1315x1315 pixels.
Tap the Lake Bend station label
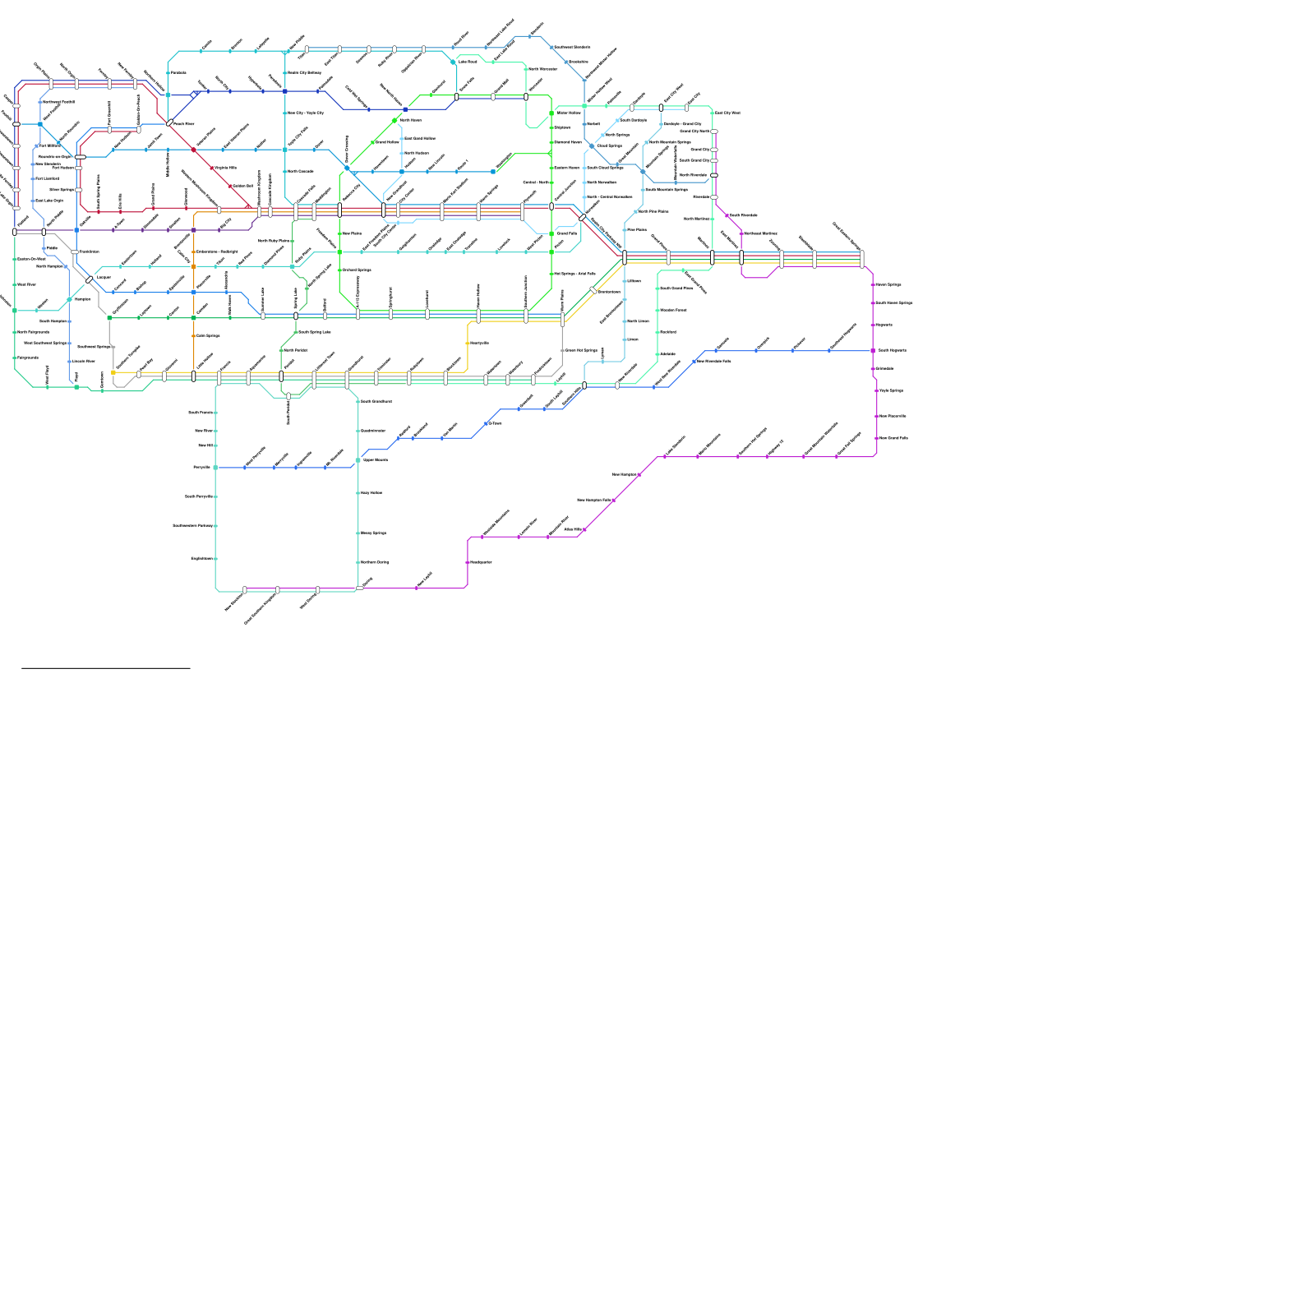468,62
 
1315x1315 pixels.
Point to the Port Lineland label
47,178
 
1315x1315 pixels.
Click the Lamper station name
104,277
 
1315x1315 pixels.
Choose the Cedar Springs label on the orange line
208,335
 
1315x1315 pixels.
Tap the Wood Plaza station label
26,284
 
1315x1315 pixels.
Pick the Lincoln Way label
83,361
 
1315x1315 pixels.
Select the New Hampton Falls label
593,500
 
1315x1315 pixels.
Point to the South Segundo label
892,350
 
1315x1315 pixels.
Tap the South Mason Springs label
893,302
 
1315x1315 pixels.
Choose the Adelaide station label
667,354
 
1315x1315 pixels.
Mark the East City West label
727,113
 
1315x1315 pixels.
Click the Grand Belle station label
567,233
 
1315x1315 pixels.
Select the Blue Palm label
351,233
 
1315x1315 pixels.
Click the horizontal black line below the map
106,668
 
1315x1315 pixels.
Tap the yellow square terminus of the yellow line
113,372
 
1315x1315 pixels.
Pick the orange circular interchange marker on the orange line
194,266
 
